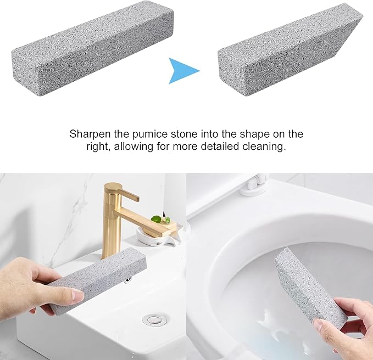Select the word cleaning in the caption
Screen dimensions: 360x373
point(268,147)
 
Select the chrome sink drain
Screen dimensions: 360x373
point(151,318)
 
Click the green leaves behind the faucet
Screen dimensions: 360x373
point(160,219)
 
